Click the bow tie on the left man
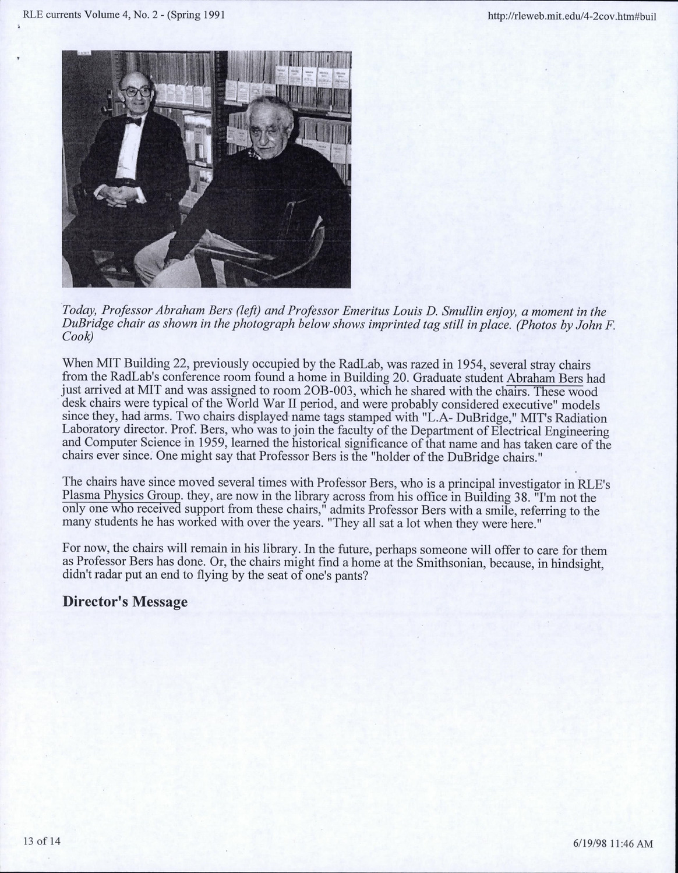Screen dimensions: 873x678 click(133, 121)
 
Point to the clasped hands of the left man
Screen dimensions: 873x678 click(125, 192)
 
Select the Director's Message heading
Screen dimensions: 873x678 click(125, 601)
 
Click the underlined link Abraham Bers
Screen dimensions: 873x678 click(545, 378)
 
